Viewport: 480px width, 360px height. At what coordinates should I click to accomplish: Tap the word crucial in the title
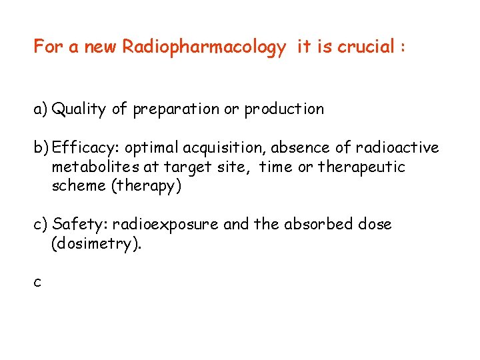point(367,47)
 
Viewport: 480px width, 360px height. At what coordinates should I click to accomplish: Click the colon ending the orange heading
point(403,48)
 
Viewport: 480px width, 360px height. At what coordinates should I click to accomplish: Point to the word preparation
point(176,109)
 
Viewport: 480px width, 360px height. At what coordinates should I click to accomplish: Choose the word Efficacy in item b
point(79,148)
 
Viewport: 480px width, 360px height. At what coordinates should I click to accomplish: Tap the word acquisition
point(227,148)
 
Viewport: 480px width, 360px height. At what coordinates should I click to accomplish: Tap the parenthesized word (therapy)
point(147,186)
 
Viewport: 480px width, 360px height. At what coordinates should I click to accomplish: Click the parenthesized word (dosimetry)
point(97,244)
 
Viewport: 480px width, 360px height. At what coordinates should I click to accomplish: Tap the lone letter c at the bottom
point(37,283)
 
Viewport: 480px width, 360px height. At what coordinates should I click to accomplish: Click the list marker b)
point(41,148)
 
